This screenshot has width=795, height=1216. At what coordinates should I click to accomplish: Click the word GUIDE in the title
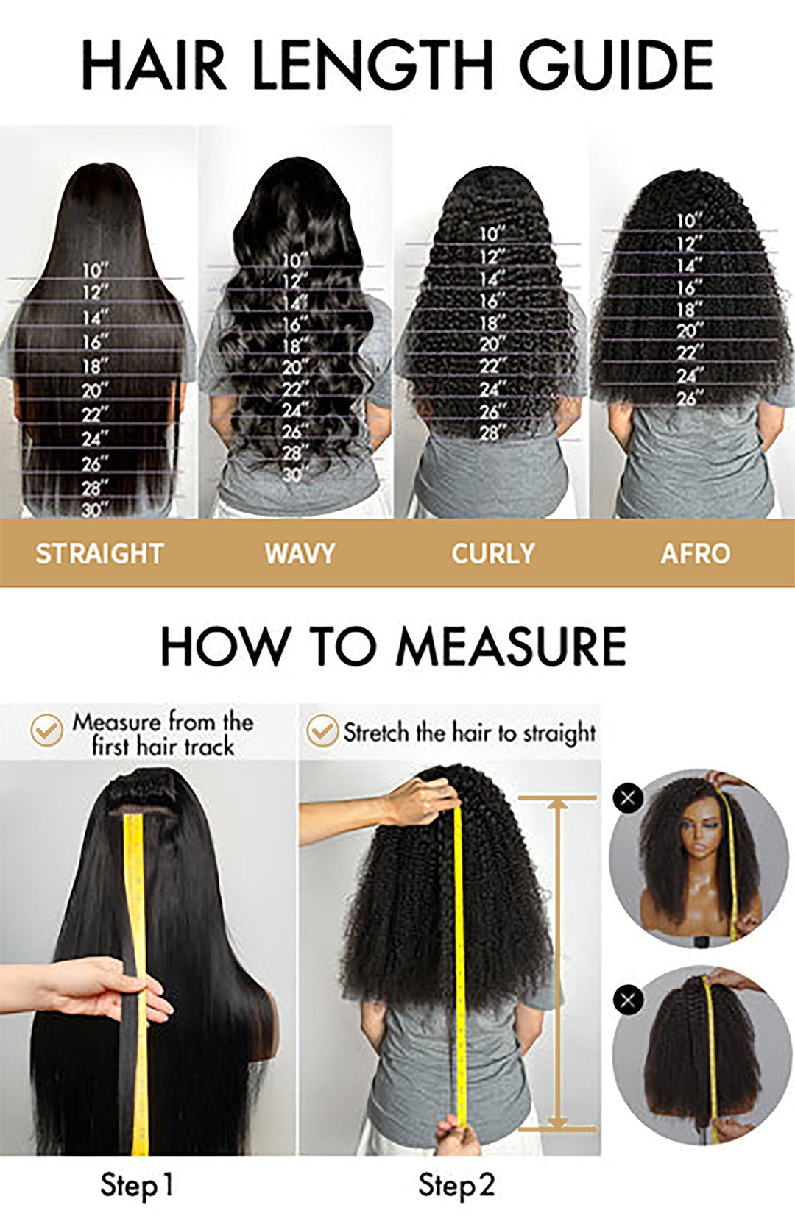pyautogui.click(x=617, y=65)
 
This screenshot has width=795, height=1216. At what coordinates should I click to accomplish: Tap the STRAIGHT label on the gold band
pyautogui.click(x=99, y=553)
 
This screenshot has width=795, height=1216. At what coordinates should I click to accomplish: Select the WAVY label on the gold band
pyautogui.click(x=300, y=553)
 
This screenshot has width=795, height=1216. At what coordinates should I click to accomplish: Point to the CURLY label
pyautogui.click(x=492, y=553)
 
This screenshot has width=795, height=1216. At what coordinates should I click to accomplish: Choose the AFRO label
pyautogui.click(x=695, y=553)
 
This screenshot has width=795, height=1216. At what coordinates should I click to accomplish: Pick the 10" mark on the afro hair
pyautogui.click(x=689, y=220)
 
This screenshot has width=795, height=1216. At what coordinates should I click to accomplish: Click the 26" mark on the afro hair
pyautogui.click(x=689, y=398)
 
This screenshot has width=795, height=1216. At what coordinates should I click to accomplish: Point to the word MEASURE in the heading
pyautogui.click(x=511, y=647)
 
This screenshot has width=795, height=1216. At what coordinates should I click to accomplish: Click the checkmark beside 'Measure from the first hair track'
pyautogui.click(x=46, y=730)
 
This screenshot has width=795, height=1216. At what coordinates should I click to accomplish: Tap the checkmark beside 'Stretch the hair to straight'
pyautogui.click(x=322, y=731)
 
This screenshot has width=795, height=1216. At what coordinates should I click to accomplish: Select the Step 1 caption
pyautogui.click(x=137, y=1185)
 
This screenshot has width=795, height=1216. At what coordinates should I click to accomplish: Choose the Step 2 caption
pyautogui.click(x=456, y=1185)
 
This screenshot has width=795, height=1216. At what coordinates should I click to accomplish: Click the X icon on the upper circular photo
pyautogui.click(x=628, y=798)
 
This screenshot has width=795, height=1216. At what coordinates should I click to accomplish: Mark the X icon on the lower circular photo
pyautogui.click(x=628, y=1000)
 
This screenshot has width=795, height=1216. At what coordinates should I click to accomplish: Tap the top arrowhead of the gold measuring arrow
pyautogui.click(x=557, y=804)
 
